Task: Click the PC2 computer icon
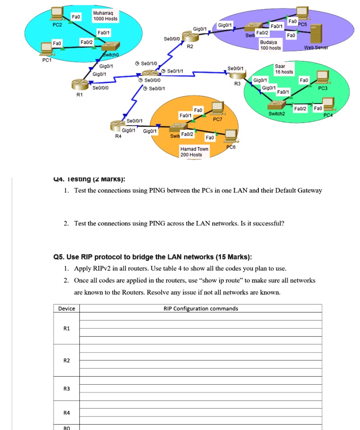pos(57,13)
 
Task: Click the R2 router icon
pos(189,35)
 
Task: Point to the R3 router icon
pos(237,75)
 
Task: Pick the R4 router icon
pos(117,124)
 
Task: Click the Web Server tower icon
pos(315,34)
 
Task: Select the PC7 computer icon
pos(217,108)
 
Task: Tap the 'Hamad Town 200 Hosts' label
pos(194,152)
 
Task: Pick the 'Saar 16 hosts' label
pos(284,69)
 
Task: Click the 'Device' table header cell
pos(67,309)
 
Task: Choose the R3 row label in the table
pos(66,389)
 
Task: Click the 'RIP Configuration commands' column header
pos(201,309)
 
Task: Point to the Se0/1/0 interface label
pos(149,63)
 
